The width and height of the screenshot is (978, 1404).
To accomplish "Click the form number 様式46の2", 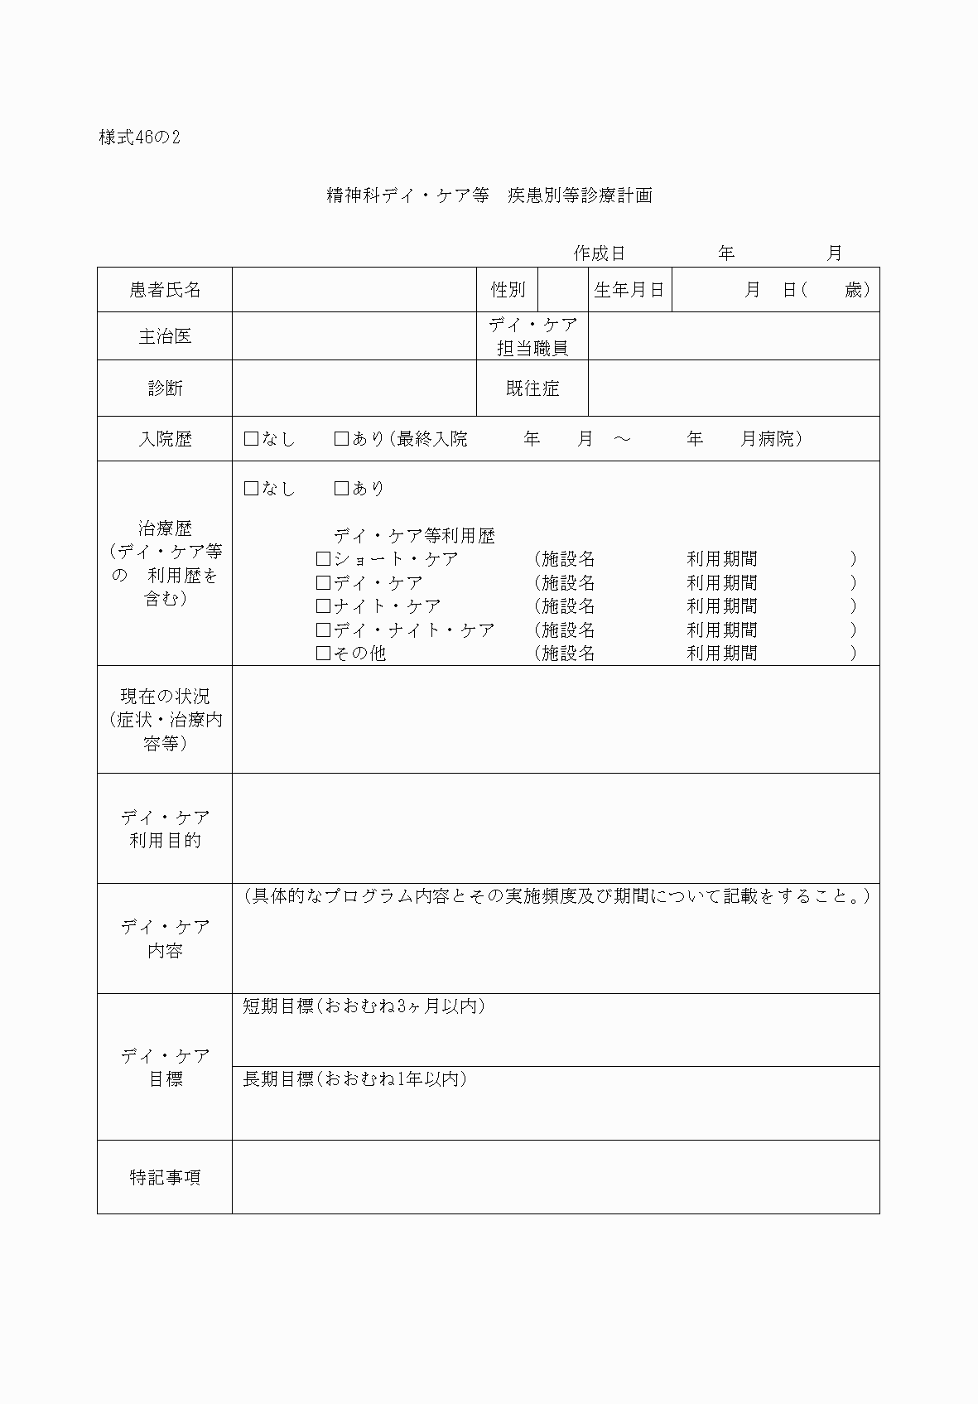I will [x=139, y=138].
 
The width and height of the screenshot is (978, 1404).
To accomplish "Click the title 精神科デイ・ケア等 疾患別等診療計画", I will [x=489, y=195].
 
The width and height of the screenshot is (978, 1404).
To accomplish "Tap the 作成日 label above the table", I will [x=599, y=253].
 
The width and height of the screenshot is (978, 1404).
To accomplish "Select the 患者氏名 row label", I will [x=165, y=290].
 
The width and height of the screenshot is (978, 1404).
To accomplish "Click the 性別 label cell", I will [x=507, y=290].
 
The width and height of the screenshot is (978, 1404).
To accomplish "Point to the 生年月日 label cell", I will [x=629, y=290].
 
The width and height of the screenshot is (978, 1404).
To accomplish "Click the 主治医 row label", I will [x=165, y=336].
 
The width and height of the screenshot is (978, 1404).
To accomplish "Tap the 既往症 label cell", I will [x=532, y=388].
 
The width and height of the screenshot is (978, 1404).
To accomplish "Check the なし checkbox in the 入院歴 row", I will [x=252, y=439].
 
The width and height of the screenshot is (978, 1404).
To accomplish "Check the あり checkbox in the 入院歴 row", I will [x=341, y=439].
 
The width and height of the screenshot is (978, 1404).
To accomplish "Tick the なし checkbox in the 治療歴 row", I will [x=252, y=489].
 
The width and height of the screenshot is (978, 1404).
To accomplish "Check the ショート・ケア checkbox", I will [x=324, y=559].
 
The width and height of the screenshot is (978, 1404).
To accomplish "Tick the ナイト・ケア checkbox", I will [x=324, y=606].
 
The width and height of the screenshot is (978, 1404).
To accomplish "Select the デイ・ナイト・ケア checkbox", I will [x=324, y=630].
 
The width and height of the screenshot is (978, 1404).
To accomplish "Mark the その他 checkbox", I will [x=324, y=654].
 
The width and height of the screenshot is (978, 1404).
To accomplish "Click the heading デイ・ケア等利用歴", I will [x=414, y=536].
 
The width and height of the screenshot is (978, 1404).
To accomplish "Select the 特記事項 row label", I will [x=165, y=1177].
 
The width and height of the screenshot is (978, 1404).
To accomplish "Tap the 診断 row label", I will [x=165, y=388].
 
